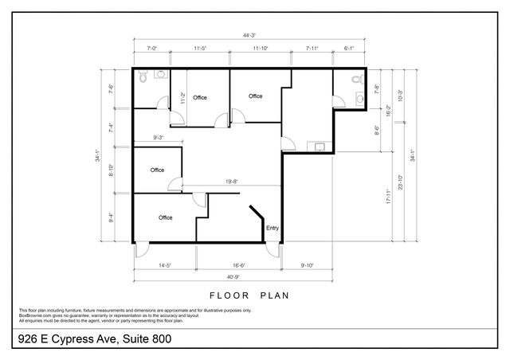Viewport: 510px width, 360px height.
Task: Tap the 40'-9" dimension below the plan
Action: (231, 276)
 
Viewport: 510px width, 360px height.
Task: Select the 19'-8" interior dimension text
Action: (233, 182)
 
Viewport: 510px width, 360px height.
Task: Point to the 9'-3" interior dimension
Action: (159, 139)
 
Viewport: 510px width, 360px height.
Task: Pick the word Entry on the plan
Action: (273, 228)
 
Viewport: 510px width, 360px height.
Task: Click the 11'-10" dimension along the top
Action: (261, 49)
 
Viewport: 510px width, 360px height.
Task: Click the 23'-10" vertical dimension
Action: (400, 183)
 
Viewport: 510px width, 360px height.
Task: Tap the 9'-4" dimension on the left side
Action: (112, 216)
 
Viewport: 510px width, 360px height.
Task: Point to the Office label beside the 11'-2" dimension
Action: (199, 97)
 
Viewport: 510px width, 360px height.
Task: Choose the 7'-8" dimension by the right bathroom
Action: (376, 90)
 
